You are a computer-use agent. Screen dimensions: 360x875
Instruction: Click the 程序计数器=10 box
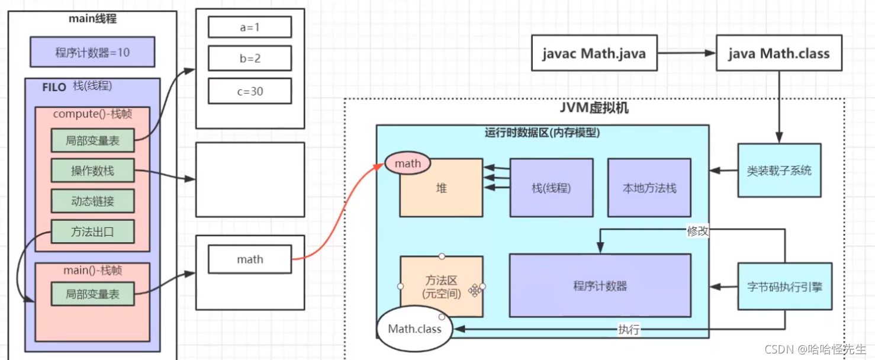[92, 52]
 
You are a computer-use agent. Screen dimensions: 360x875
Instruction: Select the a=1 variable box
[250, 27]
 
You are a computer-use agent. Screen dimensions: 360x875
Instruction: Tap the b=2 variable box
[250, 59]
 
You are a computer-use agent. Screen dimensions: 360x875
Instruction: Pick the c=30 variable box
[250, 91]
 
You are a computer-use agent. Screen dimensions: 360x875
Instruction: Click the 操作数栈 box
[92, 171]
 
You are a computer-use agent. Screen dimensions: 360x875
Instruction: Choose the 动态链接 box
[92, 201]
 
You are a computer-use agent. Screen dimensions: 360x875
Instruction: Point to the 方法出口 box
[92, 232]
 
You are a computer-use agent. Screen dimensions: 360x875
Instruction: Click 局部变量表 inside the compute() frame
[92, 141]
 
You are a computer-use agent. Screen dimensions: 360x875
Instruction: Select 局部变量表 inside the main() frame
[92, 294]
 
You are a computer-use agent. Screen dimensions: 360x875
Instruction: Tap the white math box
[250, 259]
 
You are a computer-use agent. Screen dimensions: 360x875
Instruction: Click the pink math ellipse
[407, 163]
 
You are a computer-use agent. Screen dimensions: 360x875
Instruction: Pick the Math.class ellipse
[414, 329]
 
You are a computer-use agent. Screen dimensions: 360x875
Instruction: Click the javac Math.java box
[594, 54]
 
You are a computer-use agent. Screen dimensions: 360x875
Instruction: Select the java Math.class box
[779, 54]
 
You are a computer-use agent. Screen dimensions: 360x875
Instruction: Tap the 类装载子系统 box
[779, 171]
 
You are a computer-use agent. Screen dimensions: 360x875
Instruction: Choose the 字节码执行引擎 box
[784, 287]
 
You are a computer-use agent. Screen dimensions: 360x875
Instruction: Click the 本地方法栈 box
[649, 188]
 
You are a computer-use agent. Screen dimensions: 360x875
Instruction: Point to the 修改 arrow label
[698, 231]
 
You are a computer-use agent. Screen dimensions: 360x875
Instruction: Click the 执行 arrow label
[628, 330]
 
